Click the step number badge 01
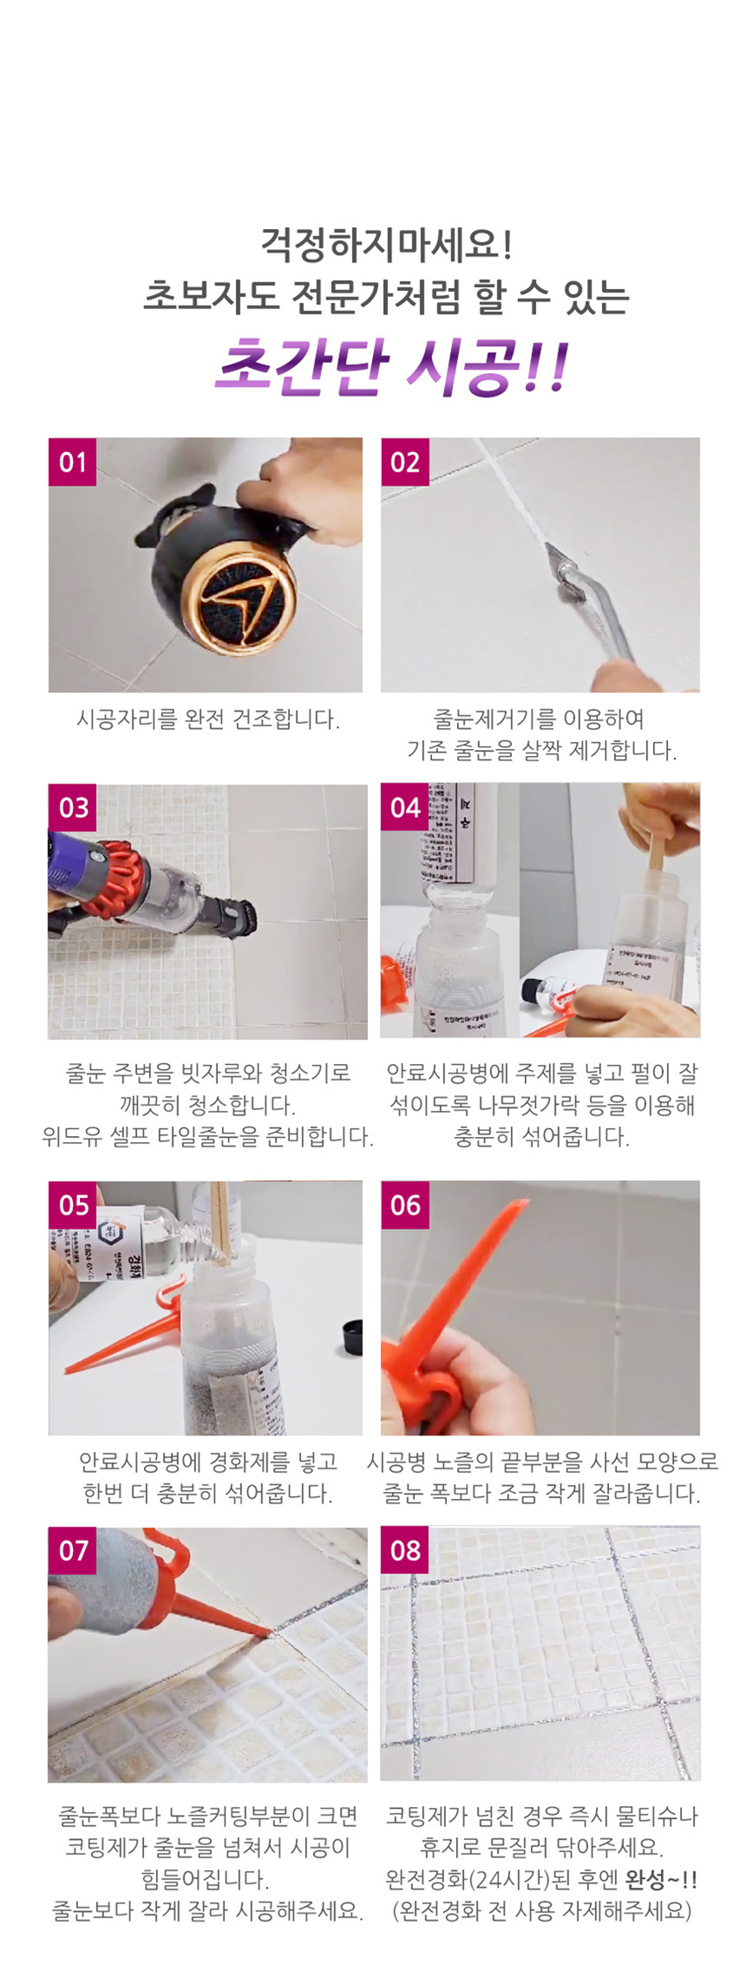click(x=72, y=462)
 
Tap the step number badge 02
click(x=404, y=462)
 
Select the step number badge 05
click(x=73, y=1205)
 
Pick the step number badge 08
click(x=404, y=1550)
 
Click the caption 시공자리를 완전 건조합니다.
click(x=207, y=719)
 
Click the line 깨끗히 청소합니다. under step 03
click(x=207, y=1105)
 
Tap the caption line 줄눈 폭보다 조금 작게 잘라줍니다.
click(x=541, y=1494)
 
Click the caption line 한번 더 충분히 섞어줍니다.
click(x=207, y=1494)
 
